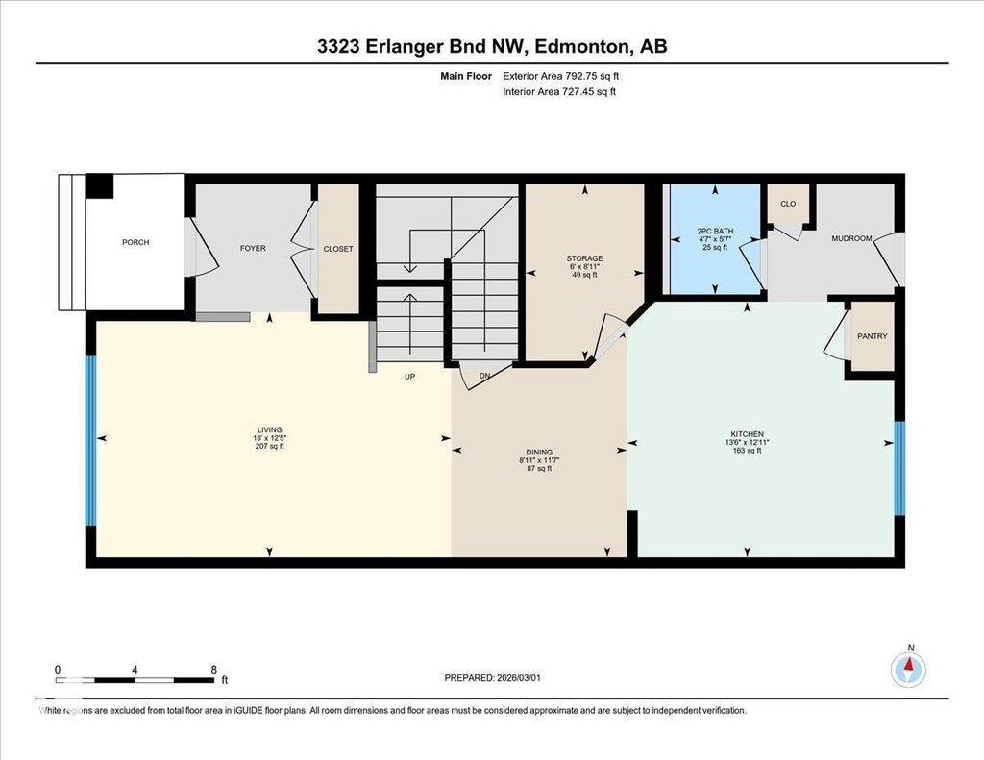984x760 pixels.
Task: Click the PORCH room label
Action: pos(135,242)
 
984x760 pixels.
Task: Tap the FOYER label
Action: pos(253,248)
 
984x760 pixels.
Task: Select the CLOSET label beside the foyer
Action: pos(338,249)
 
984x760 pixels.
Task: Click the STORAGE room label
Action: pos(585,258)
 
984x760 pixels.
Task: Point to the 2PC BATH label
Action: pos(715,231)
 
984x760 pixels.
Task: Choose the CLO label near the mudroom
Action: pos(788,204)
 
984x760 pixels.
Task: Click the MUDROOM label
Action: pos(851,238)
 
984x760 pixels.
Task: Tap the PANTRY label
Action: pos(873,336)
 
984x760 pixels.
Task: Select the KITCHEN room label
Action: pos(747,434)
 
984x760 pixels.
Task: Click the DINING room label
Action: pos(539,452)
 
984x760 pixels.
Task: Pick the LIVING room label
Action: pos(269,430)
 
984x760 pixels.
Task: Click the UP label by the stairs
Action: pos(409,377)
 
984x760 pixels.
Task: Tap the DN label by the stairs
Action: pos(484,376)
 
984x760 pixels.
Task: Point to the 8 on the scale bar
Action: pos(214,669)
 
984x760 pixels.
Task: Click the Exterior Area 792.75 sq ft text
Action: pos(561,76)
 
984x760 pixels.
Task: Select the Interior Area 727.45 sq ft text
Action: pos(559,91)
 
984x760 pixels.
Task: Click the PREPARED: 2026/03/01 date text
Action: pos(493,677)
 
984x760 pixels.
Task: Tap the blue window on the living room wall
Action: pos(91,441)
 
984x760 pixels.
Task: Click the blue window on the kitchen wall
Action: pos(899,468)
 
